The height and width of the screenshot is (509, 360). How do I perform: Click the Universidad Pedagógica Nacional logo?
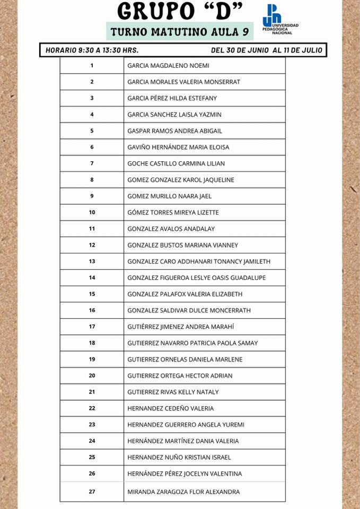(279, 20)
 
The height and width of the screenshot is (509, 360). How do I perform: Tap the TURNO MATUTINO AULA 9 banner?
(180, 32)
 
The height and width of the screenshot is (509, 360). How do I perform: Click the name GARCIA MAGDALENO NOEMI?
(168, 66)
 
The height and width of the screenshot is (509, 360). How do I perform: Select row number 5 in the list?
(92, 131)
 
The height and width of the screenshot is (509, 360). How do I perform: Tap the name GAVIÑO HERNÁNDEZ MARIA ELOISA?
(178, 147)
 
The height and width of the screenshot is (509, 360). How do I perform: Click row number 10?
(92, 213)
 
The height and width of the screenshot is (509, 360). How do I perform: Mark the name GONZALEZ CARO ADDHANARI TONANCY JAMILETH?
(199, 261)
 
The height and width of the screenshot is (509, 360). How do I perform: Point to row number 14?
(92, 278)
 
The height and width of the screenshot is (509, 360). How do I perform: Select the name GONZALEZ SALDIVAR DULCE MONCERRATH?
(189, 311)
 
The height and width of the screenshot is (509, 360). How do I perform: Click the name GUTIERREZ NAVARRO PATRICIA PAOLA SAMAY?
(192, 343)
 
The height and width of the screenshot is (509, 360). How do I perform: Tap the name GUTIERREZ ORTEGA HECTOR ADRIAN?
(180, 376)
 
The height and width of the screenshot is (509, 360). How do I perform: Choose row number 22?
(92, 408)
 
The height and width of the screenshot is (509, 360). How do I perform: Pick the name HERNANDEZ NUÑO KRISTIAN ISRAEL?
(179, 457)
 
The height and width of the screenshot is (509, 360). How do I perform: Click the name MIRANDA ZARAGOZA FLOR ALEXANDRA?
(183, 492)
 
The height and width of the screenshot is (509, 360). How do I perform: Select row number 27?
(92, 492)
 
